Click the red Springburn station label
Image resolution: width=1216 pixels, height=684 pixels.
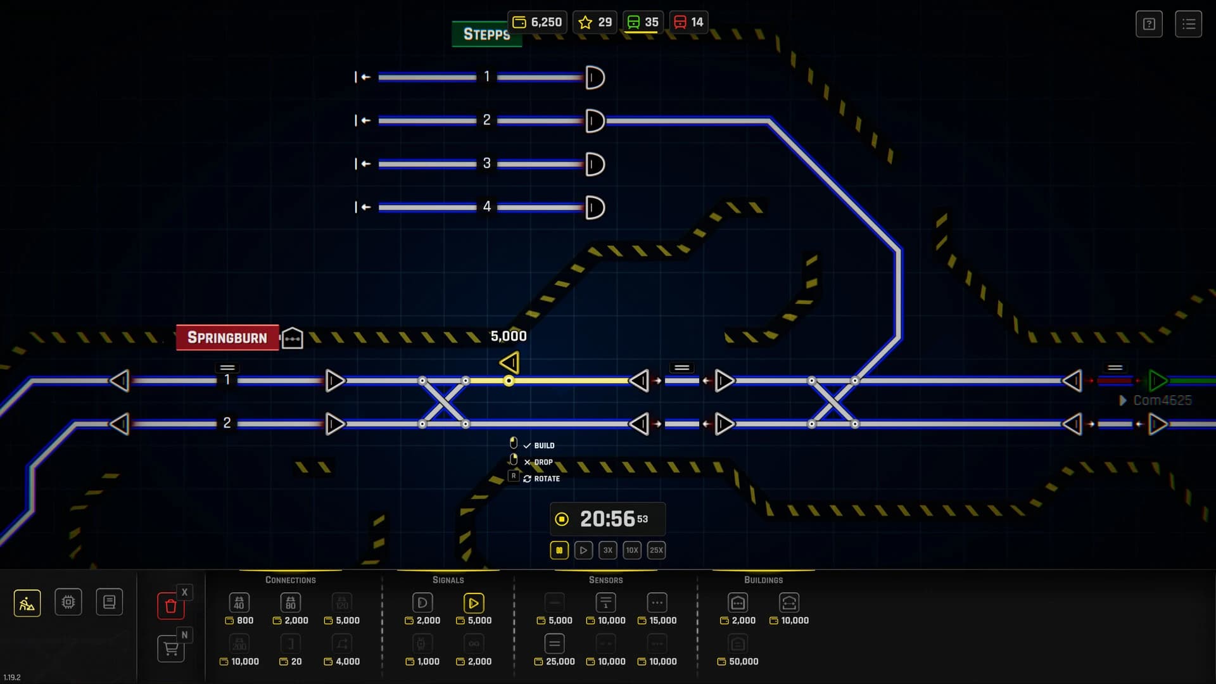(227, 338)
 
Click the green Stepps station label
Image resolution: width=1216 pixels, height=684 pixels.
(486, 34)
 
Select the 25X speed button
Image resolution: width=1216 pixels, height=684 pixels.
(656, 550)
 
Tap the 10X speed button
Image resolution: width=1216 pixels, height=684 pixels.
(631, 550)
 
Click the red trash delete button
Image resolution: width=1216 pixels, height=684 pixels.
(170, 606)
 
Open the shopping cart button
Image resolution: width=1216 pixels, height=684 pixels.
(170, 649)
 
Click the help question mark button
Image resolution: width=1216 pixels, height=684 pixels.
(1149, 24)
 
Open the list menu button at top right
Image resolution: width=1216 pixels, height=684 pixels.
(1188, 24)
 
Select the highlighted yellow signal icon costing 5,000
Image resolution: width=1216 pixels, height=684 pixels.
(473, 603)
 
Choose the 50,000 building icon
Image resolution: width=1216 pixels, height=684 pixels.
(737, 644)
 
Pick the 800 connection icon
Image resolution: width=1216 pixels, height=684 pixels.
(239, 603)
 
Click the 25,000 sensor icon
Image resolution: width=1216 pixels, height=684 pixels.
(554, 644)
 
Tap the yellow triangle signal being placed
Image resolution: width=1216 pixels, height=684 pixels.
(510, 363)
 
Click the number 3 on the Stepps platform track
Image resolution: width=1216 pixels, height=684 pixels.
(486, 163)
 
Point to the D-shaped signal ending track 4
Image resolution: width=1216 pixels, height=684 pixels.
(595, 207)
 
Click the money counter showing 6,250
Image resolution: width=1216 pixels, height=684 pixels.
(537, 22)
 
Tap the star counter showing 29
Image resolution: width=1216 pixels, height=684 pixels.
(595, 22)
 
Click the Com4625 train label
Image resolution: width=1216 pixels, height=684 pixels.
(1162, 400)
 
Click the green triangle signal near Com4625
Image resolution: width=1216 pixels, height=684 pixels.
(1158, 381)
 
